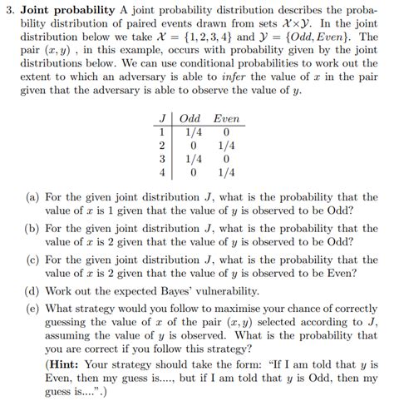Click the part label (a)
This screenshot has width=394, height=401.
[31, 198]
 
